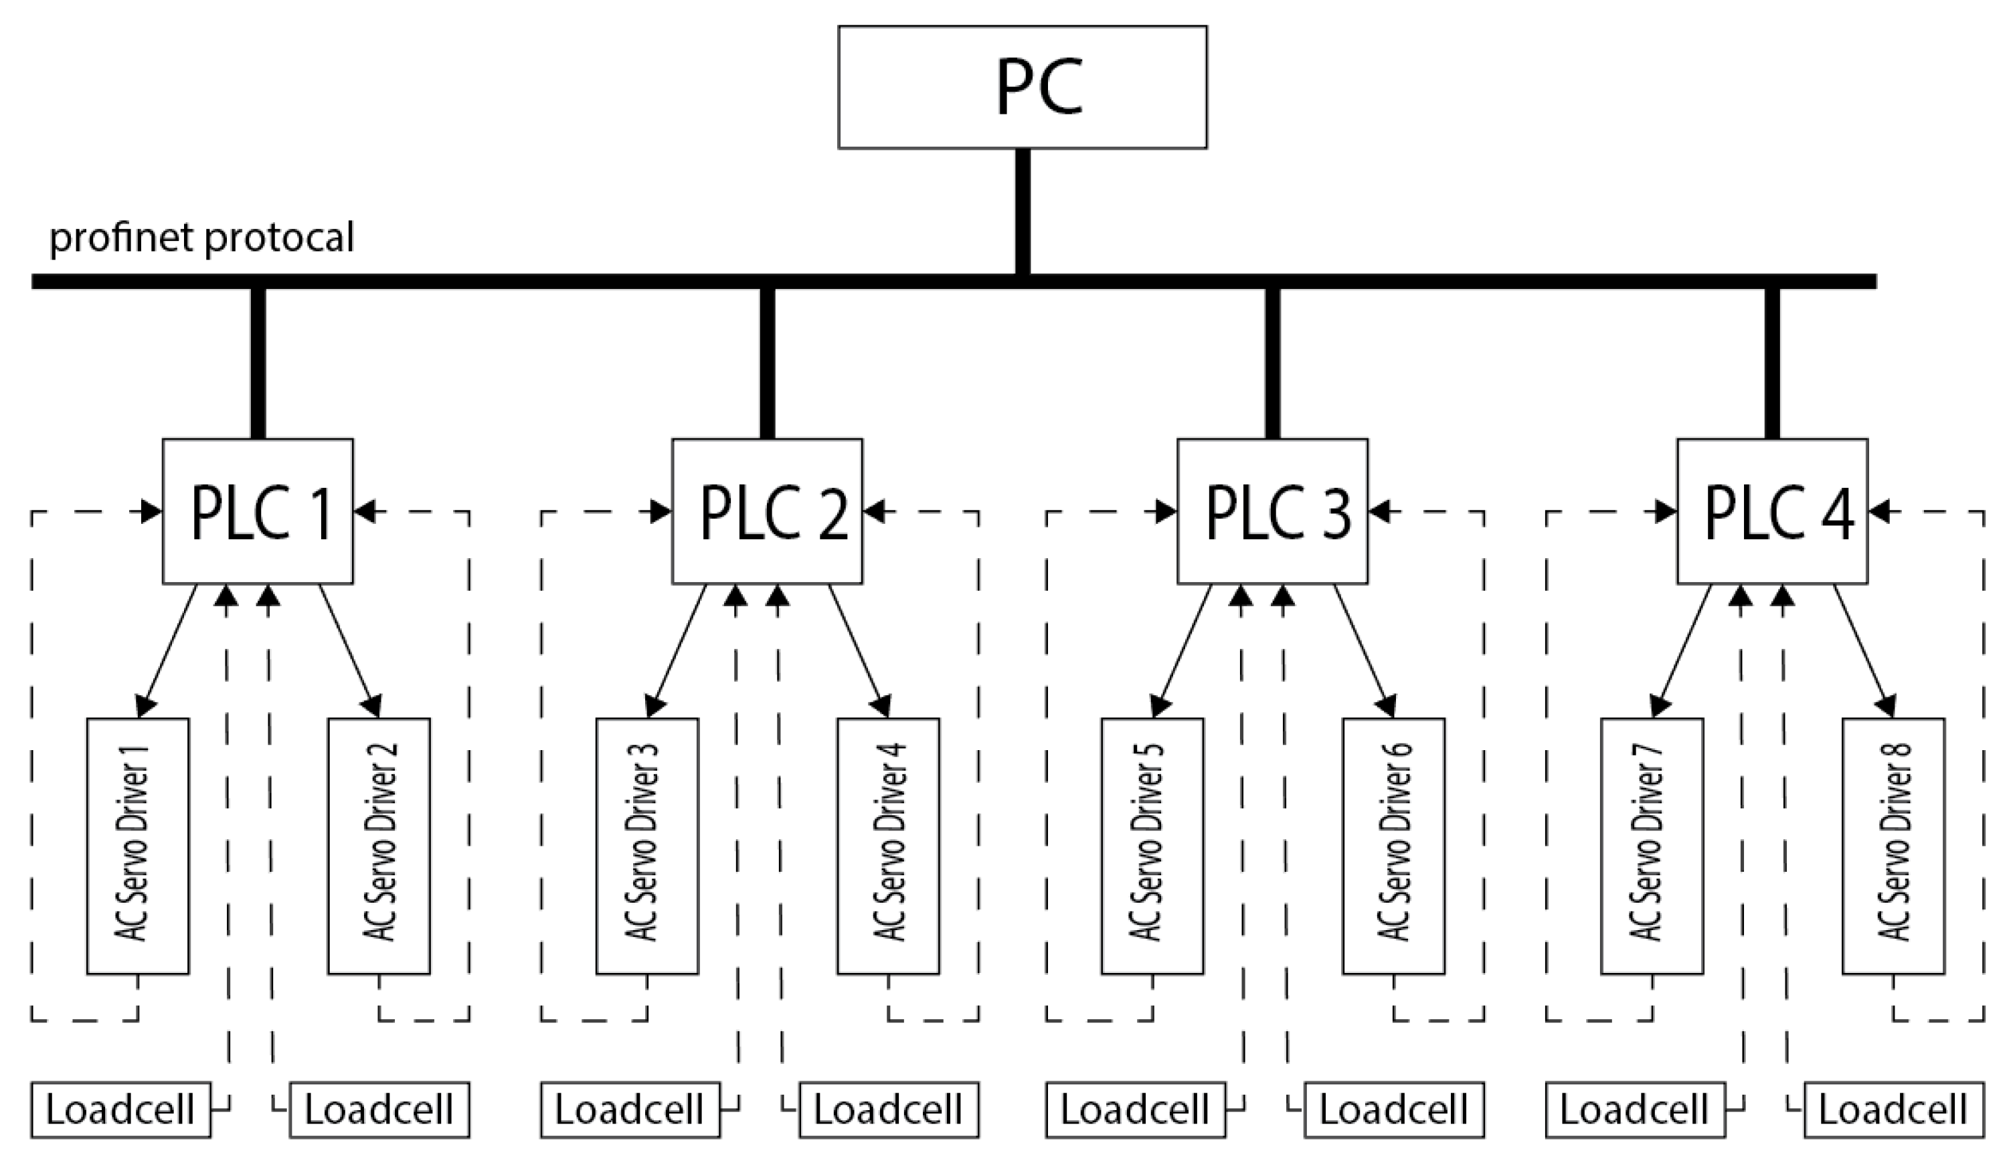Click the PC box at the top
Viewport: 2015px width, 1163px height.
tap(1023, 86)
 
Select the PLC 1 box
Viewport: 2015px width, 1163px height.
tap(257, 511)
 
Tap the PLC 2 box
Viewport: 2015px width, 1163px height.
tap(767, 511)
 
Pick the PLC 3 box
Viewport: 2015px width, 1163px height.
tap(1272, 511)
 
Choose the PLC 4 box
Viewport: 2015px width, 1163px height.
tap(1771, 511)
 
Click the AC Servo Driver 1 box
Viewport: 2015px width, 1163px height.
tap(137, 846)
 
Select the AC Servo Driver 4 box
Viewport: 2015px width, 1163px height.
tap(888, 846)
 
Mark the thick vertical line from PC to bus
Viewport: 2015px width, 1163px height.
tap(1023, 211)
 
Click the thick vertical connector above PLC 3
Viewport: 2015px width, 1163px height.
tap(1272, 363)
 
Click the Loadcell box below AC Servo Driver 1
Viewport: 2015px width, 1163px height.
tap(120, 1109)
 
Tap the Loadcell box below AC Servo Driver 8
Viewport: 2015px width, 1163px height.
tap(1894, 1109)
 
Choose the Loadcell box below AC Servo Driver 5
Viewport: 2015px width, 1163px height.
tap(1135, 1109)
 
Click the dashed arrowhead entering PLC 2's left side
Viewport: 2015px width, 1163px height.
tap(661, 511)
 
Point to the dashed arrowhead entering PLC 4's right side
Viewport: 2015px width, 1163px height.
tap(1878, 511)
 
